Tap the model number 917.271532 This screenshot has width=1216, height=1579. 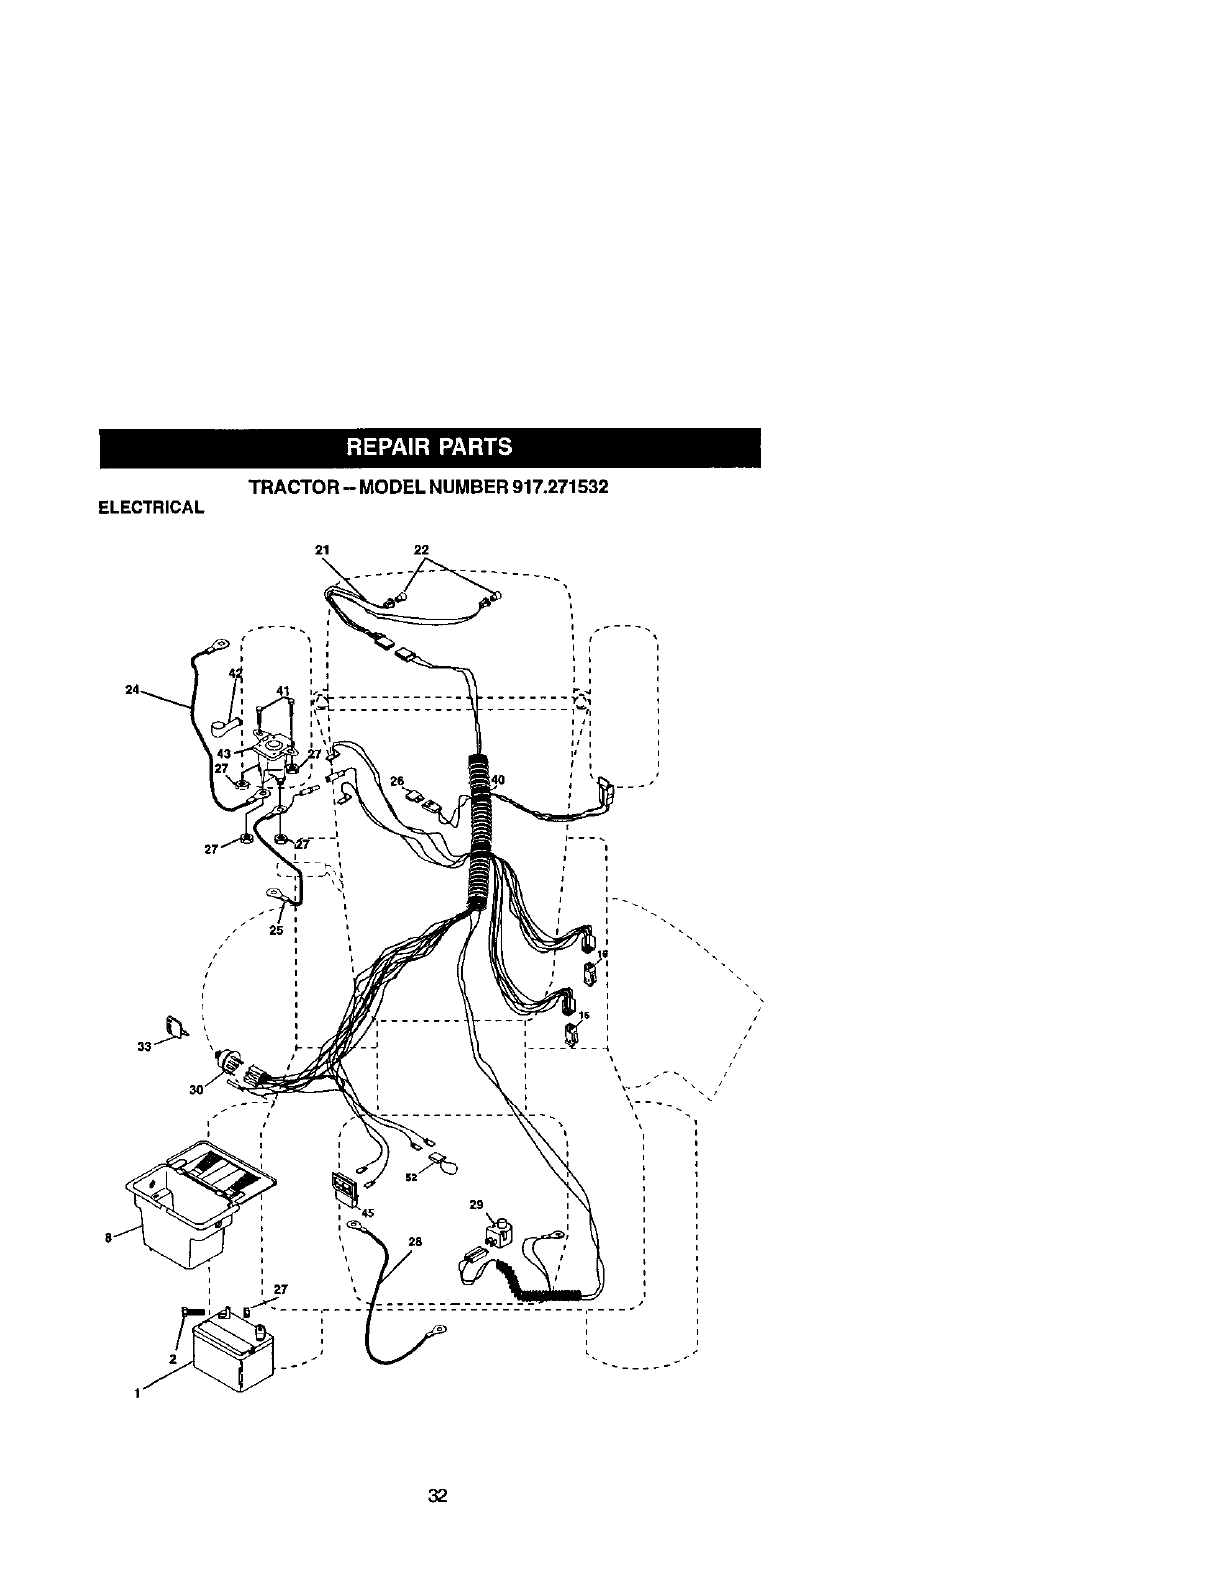pyautogui.click(x=554, y=489)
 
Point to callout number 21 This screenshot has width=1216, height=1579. pyautogui.click(x=321, y=548)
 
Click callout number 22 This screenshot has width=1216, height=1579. pyautogui.click(x=421, y=548)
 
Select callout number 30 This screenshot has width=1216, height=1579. pyautogui.click(x=195, y=1089)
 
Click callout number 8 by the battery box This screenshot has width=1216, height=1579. pyautogui.click(x=108, y=1238)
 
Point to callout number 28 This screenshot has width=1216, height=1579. pyautogui.click(x=415, y=1242)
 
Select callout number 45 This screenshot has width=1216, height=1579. pyautogui.click(x=368, y=1213)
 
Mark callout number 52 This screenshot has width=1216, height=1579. pyautogui.click(x=411, y=1177)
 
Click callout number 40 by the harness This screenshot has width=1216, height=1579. pyautogui.click(x=498, y=780)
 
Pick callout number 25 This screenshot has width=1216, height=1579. pyautogui.click(x=276, y=930)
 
